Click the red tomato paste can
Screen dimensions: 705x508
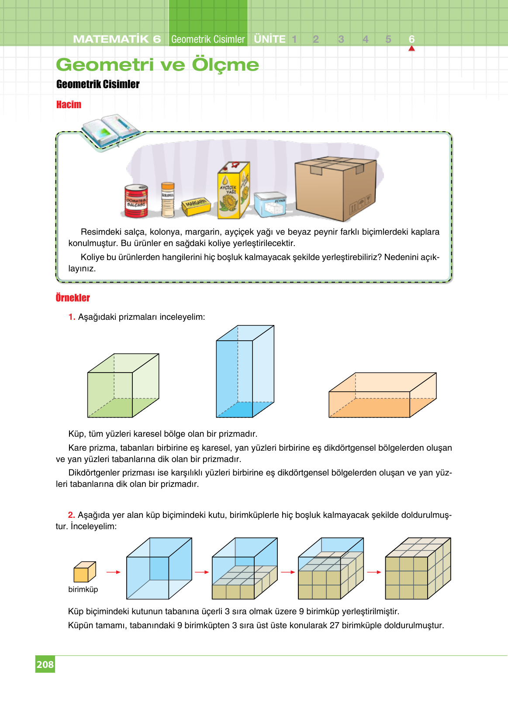click(136, 201)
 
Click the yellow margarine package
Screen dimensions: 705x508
click(196, 206)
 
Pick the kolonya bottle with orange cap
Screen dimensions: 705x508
click(168, 200)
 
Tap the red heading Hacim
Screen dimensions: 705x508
click(69, 105)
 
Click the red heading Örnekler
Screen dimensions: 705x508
click(73, 298)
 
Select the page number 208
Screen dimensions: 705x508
click(45, 664)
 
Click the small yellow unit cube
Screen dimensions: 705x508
click(84, 572)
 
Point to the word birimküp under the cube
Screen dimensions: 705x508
click(83, 589)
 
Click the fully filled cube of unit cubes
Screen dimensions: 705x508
click(417, 569)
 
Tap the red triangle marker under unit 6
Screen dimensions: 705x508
click(411, 48)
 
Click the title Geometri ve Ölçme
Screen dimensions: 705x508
click(157, 65)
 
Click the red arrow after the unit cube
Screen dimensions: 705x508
click(113, 572)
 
